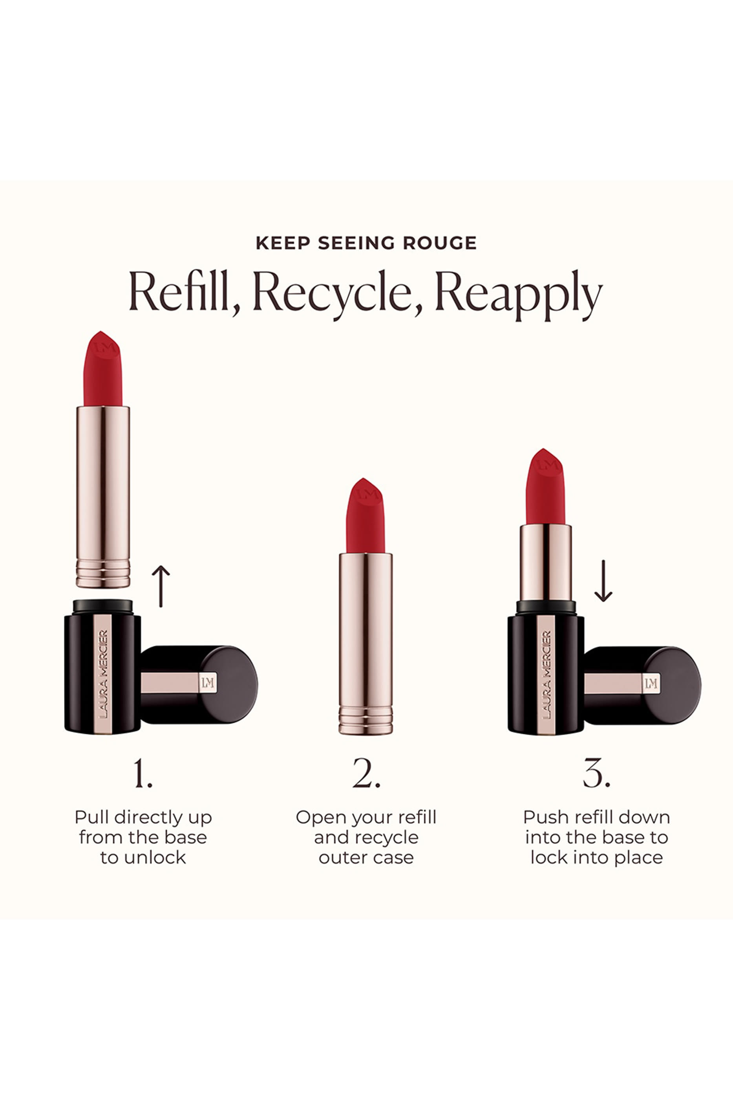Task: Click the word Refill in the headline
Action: click(183, 292)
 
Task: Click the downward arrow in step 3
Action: click(603, 581)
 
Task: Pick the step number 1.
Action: click(143, 774)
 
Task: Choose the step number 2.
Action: click(366, 774)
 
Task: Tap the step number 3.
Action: click(596, 774)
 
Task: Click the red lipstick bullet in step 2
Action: click(365, 517)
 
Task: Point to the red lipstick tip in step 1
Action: click(102, 369)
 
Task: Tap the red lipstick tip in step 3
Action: click(545, 487)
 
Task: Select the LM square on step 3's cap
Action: click(651, 684)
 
